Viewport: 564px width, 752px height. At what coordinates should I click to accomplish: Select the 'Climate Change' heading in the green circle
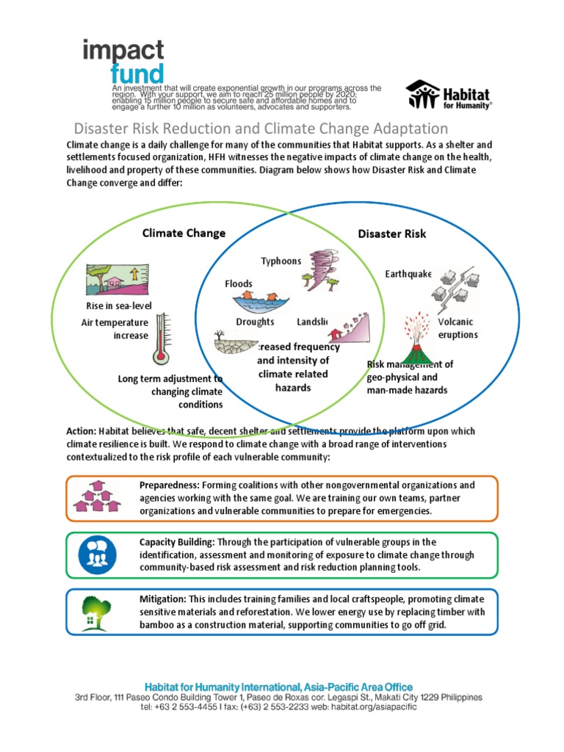click(x=184, y=234)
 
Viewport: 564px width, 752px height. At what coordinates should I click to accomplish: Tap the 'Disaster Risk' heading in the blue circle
click(x=391, y=234)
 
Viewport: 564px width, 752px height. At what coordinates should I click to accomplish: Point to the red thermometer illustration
click(x=160, y=339)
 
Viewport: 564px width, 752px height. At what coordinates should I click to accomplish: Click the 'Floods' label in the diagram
click(x=239, y=283)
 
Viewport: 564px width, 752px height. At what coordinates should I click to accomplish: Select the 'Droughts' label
click(x=255, y=322)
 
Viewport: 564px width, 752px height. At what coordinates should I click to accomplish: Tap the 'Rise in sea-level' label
click(x=113, y=305)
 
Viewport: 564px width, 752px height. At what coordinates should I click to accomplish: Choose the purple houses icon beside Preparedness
click(x=96, y=497)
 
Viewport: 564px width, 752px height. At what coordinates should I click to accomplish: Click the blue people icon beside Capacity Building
click(x=96, y=554)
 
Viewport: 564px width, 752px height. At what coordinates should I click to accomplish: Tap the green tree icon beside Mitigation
click(x=96, y=611)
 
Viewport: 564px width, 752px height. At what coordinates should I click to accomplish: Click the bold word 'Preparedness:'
click(x=169, y=485)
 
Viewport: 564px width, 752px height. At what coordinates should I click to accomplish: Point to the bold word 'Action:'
click(x=81, y=431)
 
